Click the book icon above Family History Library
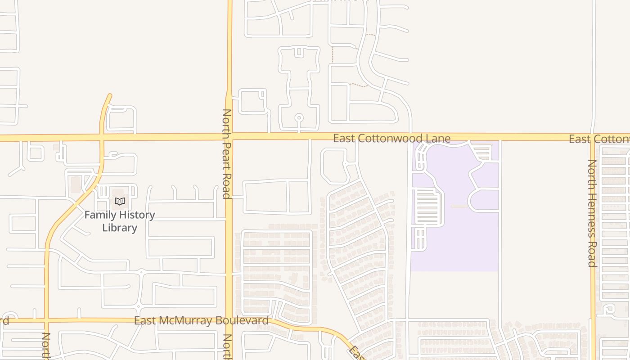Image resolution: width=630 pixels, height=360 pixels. click(119, 202)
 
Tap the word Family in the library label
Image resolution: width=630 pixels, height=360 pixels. click(100, 215)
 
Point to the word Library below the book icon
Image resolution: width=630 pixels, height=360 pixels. click(119, 228)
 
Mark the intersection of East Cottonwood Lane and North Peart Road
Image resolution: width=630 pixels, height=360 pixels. click(229, 136)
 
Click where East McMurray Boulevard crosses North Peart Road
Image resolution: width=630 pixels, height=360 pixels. click(229, 320)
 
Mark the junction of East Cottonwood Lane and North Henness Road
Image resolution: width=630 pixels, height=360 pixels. click(593, 137)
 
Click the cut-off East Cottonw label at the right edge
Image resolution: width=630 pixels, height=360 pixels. click(599, 139)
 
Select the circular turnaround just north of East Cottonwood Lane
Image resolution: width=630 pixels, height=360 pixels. click(299, 118)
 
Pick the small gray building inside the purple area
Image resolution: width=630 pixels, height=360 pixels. click(459, 207)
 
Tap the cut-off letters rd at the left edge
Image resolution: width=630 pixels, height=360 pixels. click(4, 320)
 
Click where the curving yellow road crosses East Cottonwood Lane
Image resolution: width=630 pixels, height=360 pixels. click(102, 137)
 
